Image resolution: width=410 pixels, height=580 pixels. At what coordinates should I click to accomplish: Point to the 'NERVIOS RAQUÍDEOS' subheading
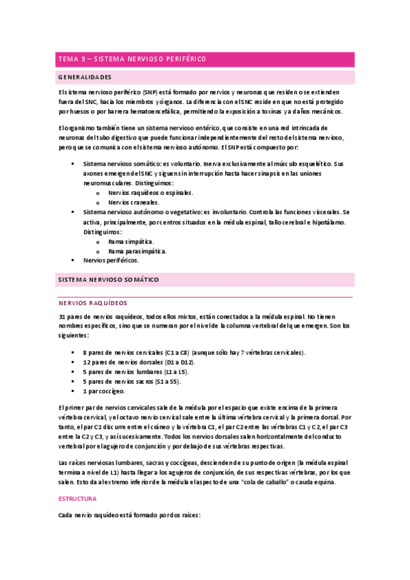93,302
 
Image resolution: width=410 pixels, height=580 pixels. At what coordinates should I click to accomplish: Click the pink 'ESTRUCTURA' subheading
77,499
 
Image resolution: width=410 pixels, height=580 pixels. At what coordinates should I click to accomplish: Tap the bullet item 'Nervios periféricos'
110,261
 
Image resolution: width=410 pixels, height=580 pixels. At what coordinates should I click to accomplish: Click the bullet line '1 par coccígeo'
103,391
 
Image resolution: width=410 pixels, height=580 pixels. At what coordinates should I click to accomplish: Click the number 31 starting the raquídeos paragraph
63,317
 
